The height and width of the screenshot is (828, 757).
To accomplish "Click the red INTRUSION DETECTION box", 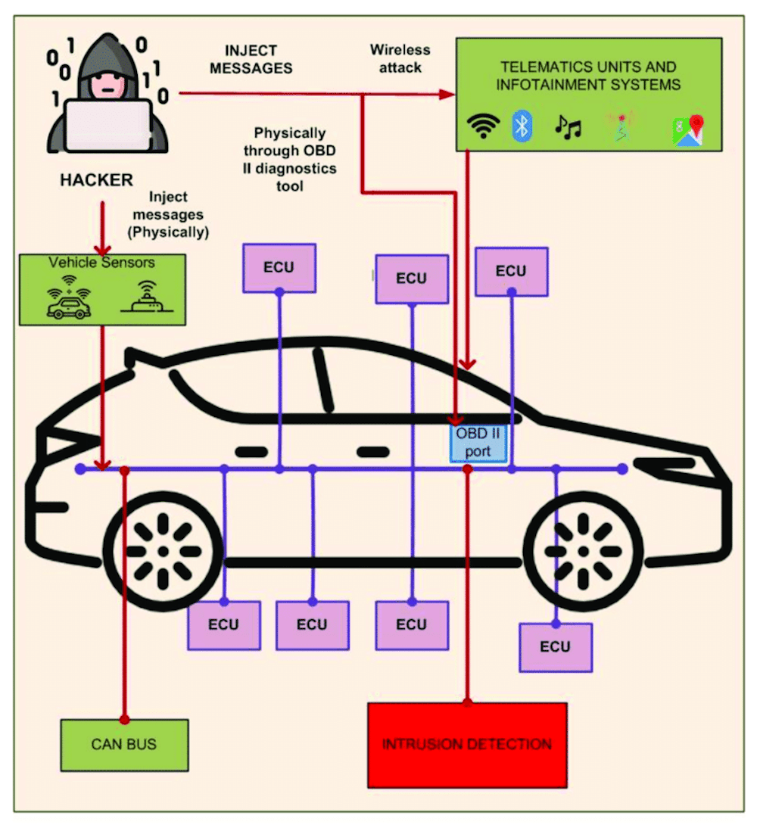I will tap(467, 745).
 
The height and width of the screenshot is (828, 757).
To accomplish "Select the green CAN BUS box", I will tap(123, 745).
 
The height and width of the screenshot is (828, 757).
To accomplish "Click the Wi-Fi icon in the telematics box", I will tap(483, 126).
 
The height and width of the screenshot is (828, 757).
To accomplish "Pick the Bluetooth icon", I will tap(522, 126).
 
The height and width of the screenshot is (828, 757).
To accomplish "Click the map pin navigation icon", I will tap(688, 130).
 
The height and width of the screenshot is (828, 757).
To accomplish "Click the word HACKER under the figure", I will tap(96, 180).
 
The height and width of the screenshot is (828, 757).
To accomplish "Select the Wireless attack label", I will tap(400, 58).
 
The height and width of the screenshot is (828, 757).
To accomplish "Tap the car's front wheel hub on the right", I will tap(583, 550).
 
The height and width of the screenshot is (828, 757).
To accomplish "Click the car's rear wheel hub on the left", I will tap(162, 550).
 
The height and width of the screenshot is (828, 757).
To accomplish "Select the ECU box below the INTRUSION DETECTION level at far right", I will tap(555, 647).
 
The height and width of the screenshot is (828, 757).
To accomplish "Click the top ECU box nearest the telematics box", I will tap(511, 271).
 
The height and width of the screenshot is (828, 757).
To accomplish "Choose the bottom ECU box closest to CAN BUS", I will tap(223, 625).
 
